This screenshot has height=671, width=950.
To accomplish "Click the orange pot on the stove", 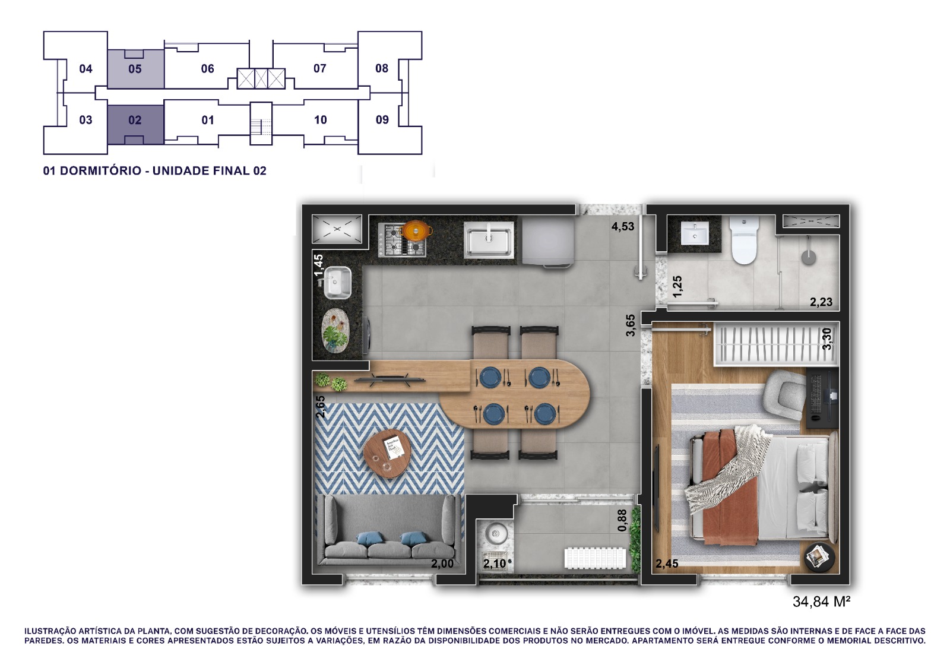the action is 417,231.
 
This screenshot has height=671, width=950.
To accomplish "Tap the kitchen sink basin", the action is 489,240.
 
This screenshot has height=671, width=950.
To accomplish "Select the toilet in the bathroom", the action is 744,240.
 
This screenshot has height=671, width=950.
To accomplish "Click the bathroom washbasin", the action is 694,234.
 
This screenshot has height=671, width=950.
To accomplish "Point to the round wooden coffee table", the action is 387,454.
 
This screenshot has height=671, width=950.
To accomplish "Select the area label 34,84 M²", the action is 822,602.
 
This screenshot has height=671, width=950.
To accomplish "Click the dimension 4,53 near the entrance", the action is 623,226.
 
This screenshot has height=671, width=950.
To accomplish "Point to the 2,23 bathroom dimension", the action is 821,302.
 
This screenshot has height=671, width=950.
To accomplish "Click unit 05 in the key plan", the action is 135,69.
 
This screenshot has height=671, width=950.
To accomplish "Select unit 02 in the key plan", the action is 135,120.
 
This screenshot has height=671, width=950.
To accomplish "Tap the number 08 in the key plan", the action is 382,68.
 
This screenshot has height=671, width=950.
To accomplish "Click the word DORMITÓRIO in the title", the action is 101,171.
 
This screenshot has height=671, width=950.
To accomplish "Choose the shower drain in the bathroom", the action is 809,257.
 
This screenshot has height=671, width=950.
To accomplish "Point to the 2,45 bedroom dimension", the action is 667,564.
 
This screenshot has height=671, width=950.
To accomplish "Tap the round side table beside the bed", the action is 819,558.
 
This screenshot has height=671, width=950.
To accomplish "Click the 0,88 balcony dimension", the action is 622,520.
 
